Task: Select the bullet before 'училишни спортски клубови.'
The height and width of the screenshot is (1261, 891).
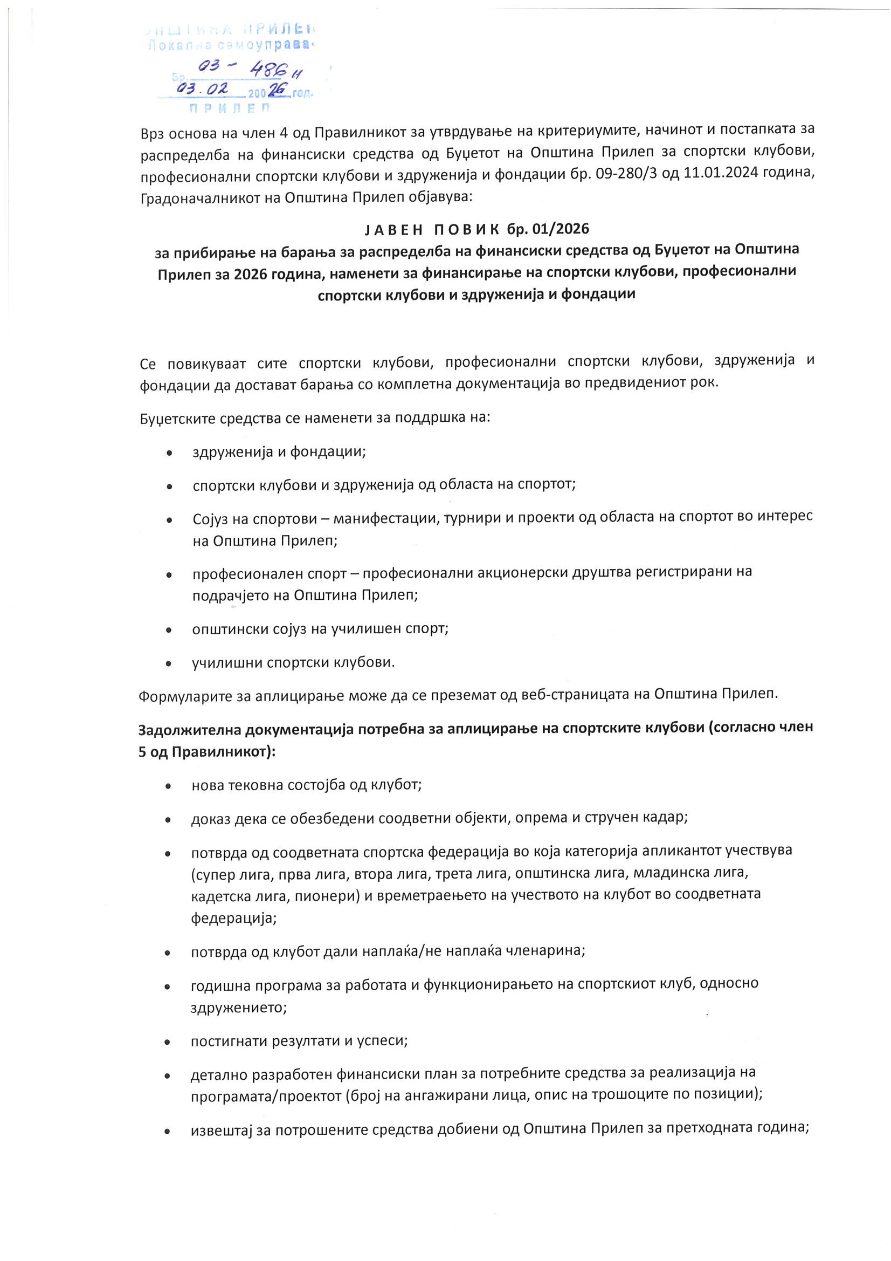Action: pos(169,663)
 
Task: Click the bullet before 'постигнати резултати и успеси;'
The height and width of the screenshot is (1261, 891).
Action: pos(168,1042)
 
